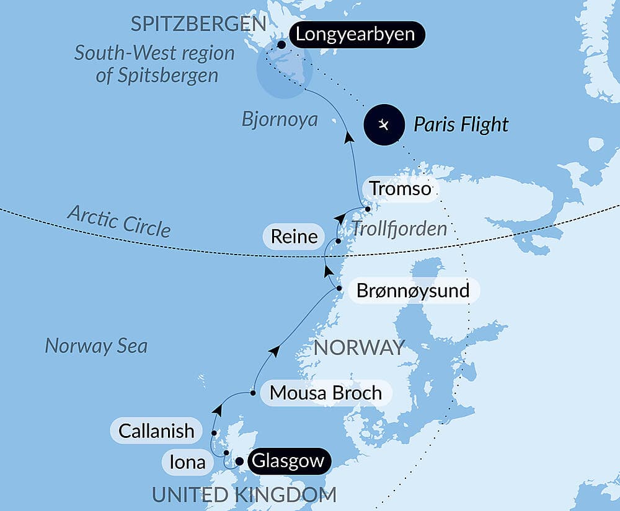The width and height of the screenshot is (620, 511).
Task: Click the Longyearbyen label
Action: pos(355,34)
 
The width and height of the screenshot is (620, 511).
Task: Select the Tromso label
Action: pos(400,188)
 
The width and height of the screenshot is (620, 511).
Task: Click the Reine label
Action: pos(294,237)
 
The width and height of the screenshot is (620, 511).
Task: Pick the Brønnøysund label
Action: pos(413,290)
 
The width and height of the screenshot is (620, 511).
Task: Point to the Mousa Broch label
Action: pos(325,393)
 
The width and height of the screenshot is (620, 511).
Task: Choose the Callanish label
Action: pos(156,430)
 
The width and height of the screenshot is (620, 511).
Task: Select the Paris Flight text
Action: pos(461,124)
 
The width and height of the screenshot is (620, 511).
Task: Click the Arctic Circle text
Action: pos(118,222)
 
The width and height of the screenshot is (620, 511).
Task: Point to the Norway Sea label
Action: pos(96,346)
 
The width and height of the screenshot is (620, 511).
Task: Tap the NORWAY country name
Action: pos(359,347)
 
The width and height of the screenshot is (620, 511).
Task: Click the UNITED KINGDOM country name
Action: pos(244,495)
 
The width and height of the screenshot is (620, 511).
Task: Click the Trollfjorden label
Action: pos(399,229)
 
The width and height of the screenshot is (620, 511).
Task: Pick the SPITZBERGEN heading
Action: pos(198,25)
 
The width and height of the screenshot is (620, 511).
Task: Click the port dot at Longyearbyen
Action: pos(281,45)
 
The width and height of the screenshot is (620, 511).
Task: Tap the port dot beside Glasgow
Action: pos(239,461)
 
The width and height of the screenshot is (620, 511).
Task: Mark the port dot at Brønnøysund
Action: pos(339,289)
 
